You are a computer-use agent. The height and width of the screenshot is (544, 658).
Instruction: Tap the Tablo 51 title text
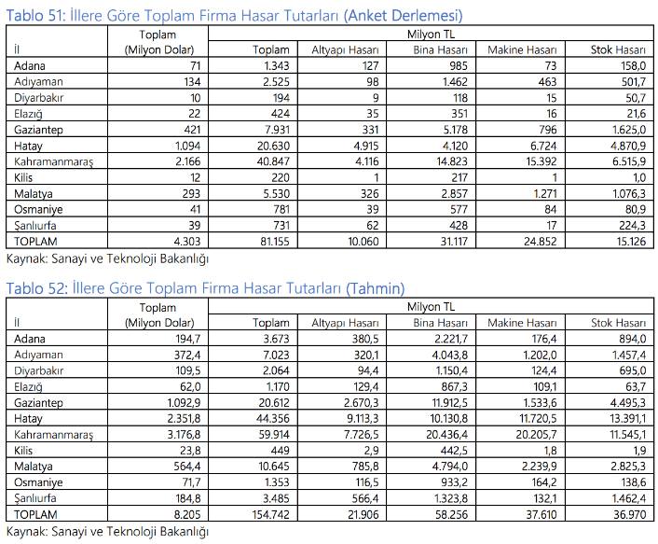click(x=234, y=16)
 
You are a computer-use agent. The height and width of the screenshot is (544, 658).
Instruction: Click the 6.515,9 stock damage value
click(x=625, y=160)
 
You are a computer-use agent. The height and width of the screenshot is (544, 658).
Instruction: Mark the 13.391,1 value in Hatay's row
click(x=623, y=419)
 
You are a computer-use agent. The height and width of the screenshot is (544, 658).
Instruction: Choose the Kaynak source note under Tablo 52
click(x=107, y=531)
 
